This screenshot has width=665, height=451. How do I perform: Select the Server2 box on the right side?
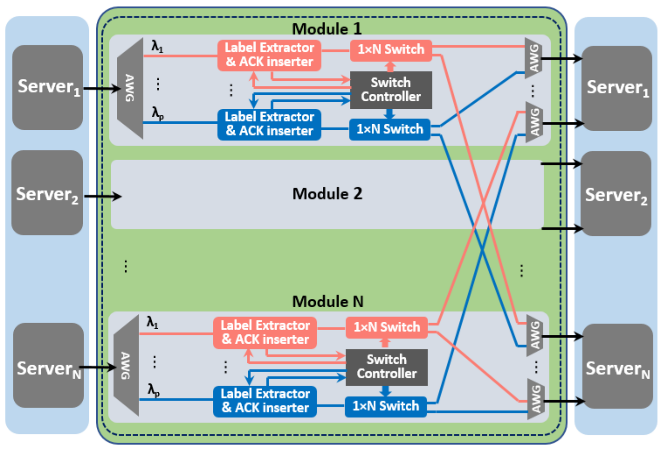point(616,194)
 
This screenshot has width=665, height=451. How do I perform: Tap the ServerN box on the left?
point(48,366)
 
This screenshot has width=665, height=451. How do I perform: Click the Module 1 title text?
point(327,29)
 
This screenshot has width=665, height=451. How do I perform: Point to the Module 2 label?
point(327,194)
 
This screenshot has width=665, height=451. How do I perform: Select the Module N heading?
point(328,301)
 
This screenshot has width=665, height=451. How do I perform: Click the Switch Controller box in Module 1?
point(391,90)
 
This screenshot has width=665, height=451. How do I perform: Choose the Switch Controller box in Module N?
point(386,367)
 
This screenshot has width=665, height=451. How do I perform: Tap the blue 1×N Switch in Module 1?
point(390,129)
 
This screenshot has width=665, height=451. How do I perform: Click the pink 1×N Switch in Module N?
point(386,327)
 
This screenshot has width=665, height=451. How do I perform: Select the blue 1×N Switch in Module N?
point(385,406)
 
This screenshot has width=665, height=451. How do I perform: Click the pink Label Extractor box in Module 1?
point(269,55)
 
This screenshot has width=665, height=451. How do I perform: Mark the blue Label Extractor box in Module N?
point(265,401)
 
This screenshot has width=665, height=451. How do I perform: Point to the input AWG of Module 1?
point(130,88)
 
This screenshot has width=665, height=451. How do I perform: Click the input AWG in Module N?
point(126,366)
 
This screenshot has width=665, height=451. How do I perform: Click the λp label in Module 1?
point(157,113)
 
